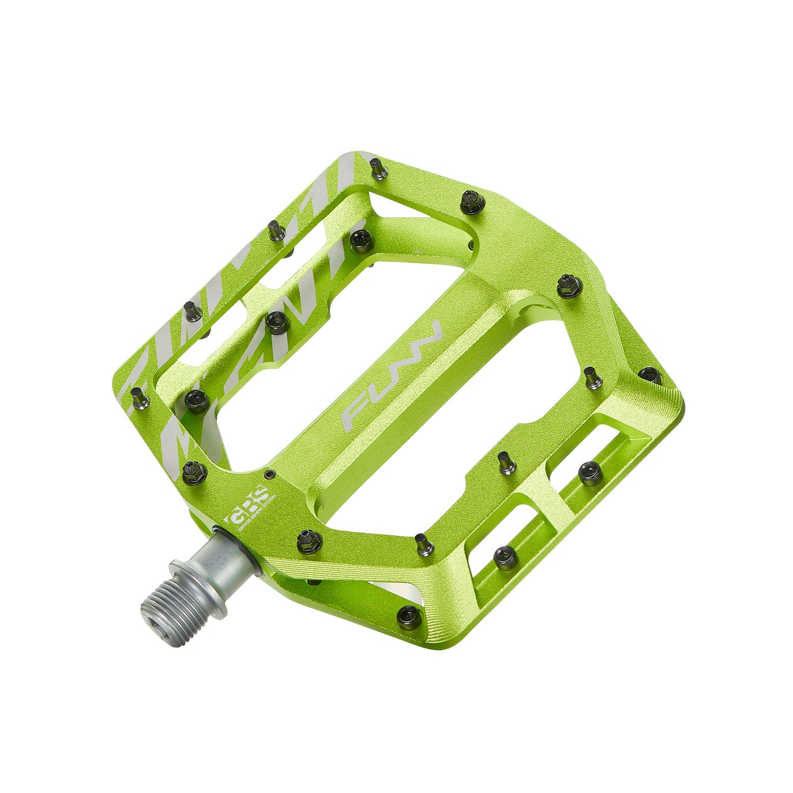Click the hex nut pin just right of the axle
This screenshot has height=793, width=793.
(306, 541)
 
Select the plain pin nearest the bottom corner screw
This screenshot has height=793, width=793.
(424, 543)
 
